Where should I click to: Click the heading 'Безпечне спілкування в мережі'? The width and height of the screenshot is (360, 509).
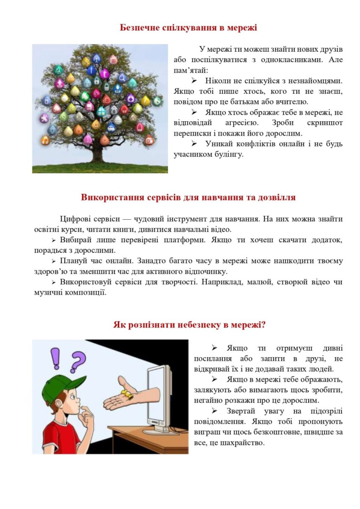tap(189, 28)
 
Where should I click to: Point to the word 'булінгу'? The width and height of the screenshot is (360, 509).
tap(229, 154)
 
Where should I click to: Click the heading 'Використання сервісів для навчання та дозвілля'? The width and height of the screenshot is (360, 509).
tap(188, 198)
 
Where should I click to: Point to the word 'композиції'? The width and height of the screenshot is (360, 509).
tap(87, 292)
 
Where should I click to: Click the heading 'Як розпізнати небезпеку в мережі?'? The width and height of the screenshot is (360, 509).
tap(190, 325)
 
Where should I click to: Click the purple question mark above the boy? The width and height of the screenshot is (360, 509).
tap(78, 362)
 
